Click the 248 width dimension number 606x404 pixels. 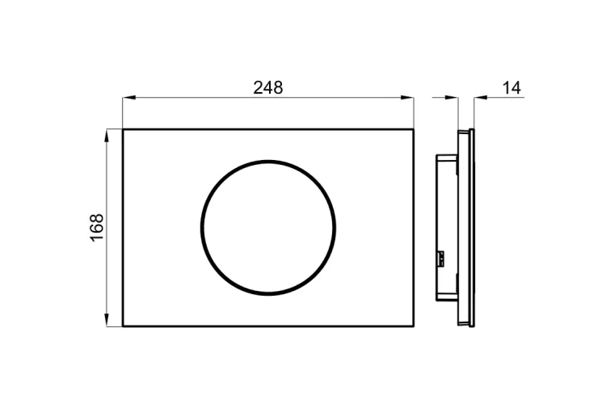267,88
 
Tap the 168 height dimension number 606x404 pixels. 97,227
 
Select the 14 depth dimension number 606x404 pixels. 511,88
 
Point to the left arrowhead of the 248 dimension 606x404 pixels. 128,98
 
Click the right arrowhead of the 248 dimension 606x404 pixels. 407,98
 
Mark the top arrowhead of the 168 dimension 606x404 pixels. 107,135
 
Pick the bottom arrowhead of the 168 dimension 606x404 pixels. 107,320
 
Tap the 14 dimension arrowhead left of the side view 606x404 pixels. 452,98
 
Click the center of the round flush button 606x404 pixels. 268,228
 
